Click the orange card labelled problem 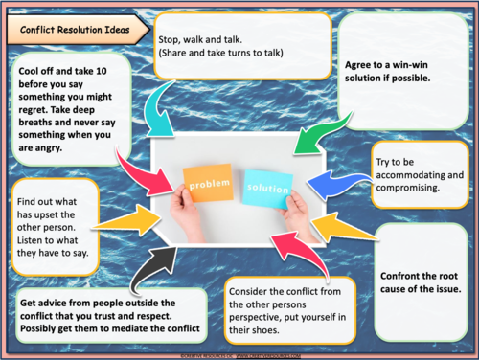coord(206,182)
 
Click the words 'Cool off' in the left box coord(40,69)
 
